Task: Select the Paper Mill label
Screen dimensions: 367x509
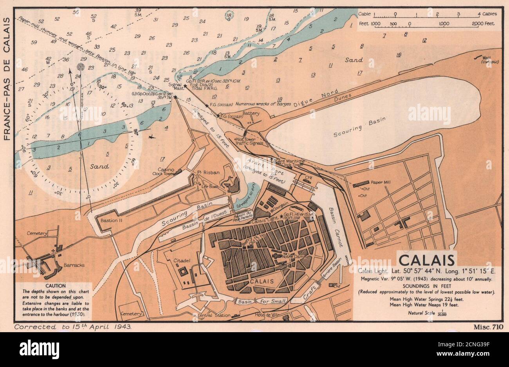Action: pyautogui.click(x=382, y=182)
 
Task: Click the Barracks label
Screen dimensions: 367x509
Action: pyautogui.click(x=74, y=265)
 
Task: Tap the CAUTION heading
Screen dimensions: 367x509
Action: pyautogui.click(x=55, y=286)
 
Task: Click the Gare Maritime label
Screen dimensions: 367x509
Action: pyautogui.click(x=290, y=161)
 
